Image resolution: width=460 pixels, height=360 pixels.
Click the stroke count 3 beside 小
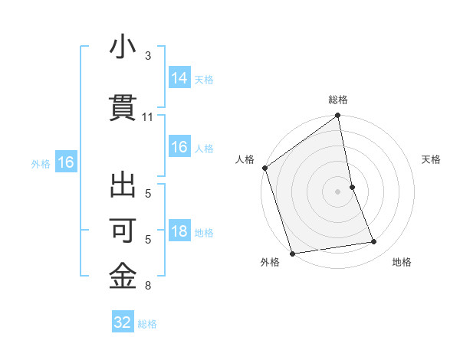pyautogui.click(x=148, y=56)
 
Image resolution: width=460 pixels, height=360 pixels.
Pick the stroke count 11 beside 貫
pyautogui.click(x=148, y=117)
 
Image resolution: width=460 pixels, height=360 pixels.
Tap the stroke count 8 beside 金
pyautogui.click(x=148, y=286)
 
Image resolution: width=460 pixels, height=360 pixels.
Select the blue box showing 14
pyautogui.click(x=179, y=78)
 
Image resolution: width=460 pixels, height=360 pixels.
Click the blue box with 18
pyautogui.click(x=179, y=232)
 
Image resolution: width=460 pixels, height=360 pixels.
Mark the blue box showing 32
pyautogui.click(x=123, y=322)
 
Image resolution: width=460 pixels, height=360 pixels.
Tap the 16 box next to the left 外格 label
pyautogui.click(x=65, y=162)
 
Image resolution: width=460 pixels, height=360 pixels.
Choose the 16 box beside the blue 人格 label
pyautogui.click(x=179, y=148)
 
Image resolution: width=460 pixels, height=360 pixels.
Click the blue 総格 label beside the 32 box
pyautogui.click(x=147, y=324)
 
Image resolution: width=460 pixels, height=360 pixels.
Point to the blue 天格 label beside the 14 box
pyautogui.click(x=204, y=80)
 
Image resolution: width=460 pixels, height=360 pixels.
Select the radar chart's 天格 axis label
pyautogui.click(x=431, y=159)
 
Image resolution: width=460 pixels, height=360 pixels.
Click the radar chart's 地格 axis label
pyautogui.click(x=402, y=262)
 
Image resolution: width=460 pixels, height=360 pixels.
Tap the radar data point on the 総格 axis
pyautogui.click(x=337, y=116)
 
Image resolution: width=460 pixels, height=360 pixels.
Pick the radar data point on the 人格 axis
pyautogui.click(x=264, y=168)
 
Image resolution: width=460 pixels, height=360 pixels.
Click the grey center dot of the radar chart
pyautogui.click(x=337, y=191)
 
